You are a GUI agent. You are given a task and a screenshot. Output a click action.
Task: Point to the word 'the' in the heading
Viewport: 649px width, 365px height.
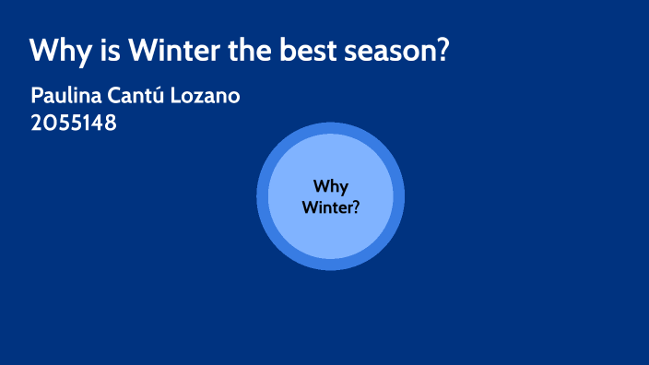click(x=248, y=50)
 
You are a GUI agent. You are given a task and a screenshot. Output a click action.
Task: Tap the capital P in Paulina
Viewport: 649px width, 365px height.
click(x=37, y=96)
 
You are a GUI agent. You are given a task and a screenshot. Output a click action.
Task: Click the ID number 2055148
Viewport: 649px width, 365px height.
click(x=74, y=123)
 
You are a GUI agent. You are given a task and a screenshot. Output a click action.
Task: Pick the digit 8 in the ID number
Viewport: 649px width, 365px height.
click(x=111, y=123)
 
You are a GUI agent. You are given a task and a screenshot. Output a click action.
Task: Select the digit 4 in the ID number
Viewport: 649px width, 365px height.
click(x=99, y=123)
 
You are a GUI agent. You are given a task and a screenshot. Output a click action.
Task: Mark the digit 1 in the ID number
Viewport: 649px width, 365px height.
click(x=88, y=123)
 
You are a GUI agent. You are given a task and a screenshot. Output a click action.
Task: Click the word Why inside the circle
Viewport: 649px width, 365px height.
click(x=330, y=187)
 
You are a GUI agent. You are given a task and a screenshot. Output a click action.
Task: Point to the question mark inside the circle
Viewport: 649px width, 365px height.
click(x=356, y=207)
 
